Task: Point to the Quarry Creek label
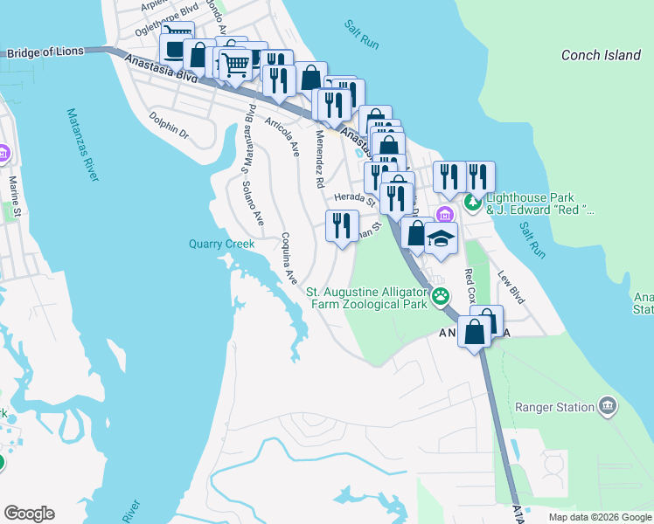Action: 221,245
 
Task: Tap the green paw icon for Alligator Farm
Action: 442,295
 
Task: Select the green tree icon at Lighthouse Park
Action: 473,203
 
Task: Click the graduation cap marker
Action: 442,238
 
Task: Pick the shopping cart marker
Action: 234,64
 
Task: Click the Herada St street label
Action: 353,200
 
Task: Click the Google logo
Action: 29,514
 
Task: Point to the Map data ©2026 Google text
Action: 599,517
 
